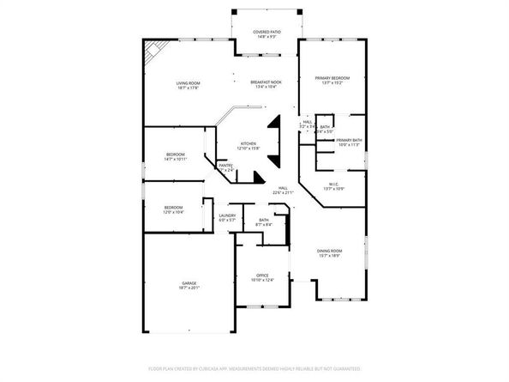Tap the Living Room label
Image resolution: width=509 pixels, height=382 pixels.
188,83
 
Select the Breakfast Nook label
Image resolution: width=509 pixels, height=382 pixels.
266,82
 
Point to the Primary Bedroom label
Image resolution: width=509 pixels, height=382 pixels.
332,78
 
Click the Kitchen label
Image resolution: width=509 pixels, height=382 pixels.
249,143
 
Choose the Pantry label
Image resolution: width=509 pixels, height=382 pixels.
225,165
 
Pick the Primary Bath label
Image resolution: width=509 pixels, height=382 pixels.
349,140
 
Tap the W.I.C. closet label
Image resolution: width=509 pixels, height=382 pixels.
335,183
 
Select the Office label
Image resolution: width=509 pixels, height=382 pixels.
262,276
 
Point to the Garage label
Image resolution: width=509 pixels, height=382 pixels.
189,283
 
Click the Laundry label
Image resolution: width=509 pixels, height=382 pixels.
227,215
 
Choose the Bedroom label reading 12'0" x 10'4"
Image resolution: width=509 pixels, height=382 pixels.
174,207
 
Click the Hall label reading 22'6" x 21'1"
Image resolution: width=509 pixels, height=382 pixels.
283,188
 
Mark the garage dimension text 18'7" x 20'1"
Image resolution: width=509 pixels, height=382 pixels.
189,288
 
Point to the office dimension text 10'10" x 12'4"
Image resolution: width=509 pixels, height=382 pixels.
262,280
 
